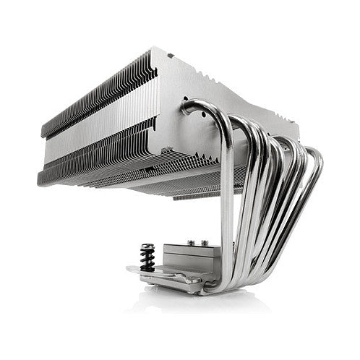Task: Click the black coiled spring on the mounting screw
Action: (147, 259)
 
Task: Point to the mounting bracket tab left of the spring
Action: (134, 272)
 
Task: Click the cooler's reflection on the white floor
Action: (217, 304)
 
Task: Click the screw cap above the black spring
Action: (147, 247)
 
